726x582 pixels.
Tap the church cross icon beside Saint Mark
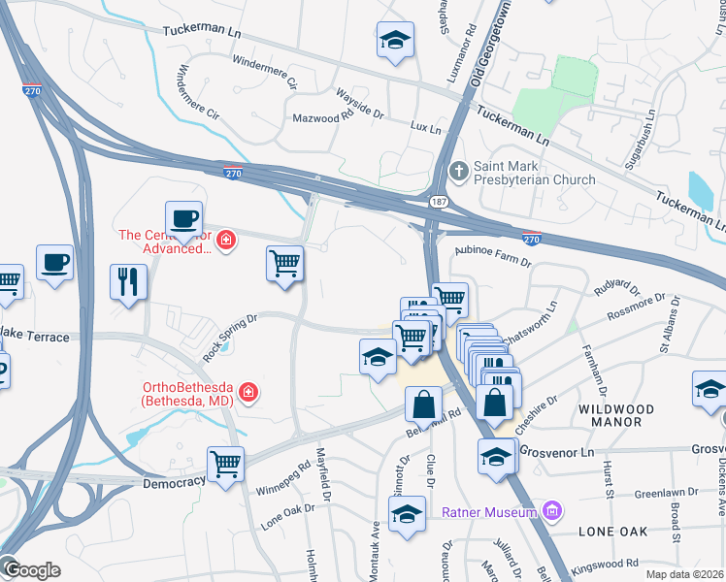pos(459,172)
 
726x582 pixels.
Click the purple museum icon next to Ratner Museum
pos(551,510)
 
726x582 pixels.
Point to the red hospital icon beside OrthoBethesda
pos(249,392)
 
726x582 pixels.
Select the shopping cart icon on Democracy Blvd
pos(225,463)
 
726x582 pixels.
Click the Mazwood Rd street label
pos(323,117)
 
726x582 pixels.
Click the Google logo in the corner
pos(31,570)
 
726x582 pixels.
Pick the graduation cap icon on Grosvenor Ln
pos(496,455)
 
